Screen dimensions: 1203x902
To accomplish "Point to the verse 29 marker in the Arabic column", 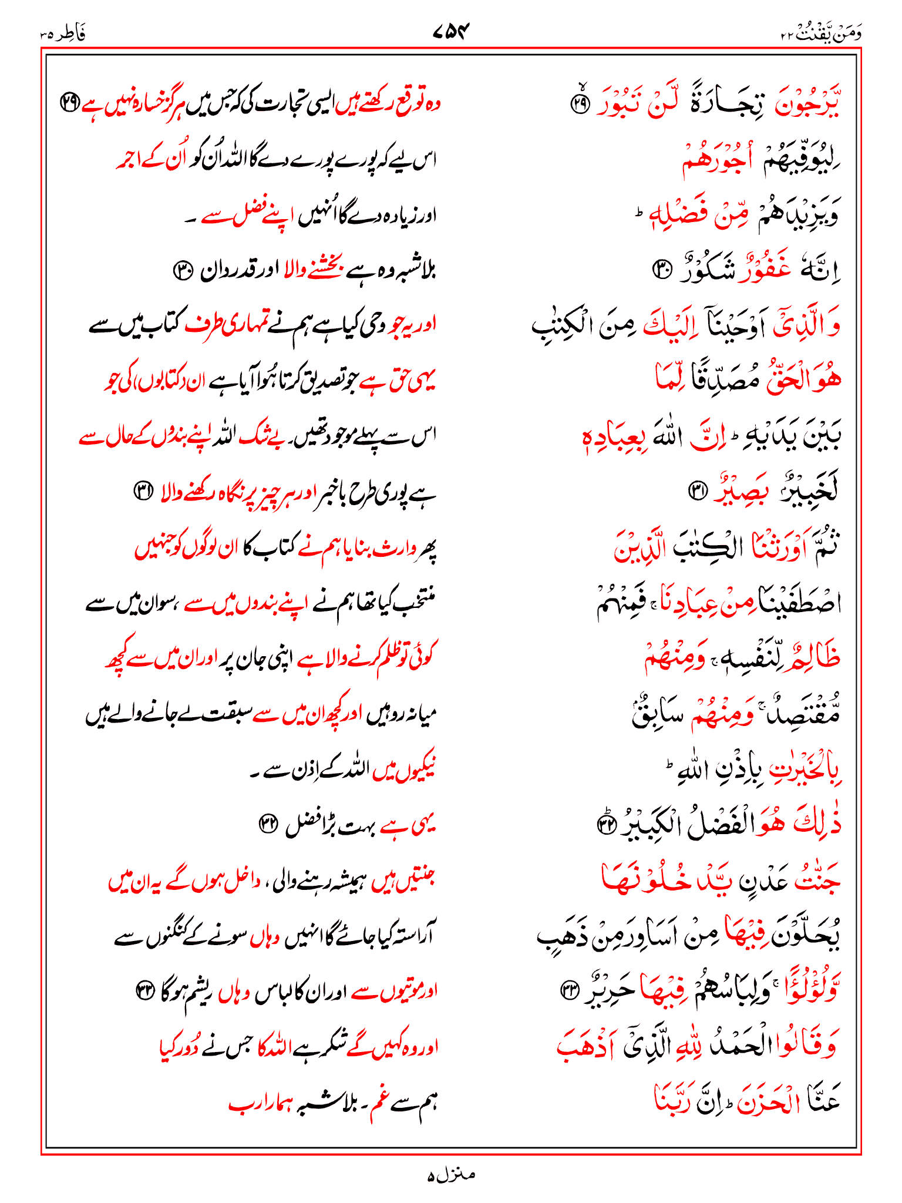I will click(581, 105).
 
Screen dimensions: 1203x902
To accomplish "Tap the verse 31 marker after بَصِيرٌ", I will click(698, 490).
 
